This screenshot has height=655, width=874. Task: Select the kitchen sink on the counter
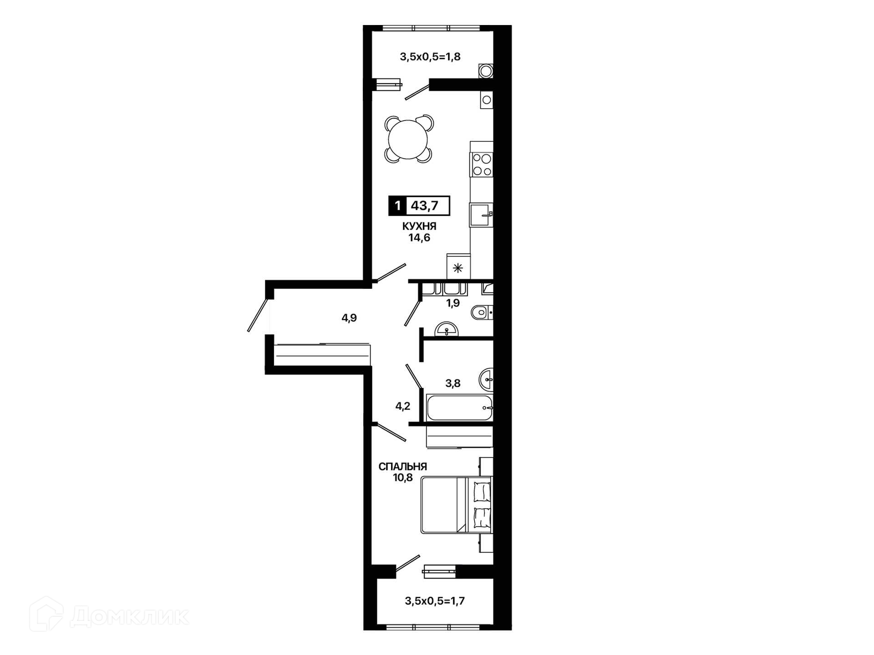tap(481, 215)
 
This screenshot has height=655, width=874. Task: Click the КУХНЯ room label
tap(419, 226)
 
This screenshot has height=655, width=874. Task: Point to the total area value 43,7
tap(424, 206)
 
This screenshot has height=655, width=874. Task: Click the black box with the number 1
tap(397, 206)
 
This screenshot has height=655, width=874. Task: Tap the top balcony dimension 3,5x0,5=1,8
tap(430, 57)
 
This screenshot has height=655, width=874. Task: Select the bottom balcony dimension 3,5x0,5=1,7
tap(435, 601)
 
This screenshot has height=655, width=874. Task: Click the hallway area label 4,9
tap(349, 318)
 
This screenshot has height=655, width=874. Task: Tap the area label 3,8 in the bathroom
tap(453, 383)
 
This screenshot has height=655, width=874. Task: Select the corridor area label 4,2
tap(403, 406)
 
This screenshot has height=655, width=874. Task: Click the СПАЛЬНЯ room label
tap(403, 467)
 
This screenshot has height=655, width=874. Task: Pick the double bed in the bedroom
tap(457, 504)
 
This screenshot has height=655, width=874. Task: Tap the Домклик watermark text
tap(129, 617)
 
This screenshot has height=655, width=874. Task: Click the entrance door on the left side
tap(258, 315)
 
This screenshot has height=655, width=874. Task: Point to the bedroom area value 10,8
tap(403, 478)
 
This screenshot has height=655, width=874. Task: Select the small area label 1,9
tap(453, 303)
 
